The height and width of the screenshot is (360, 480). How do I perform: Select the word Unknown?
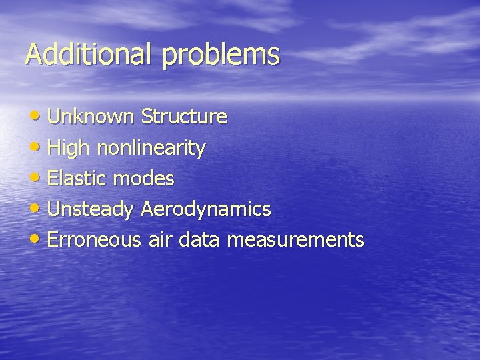(x=91, y=117)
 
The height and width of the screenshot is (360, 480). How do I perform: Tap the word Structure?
(x=184, y=117)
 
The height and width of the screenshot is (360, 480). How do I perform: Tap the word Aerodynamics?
(x=206, y=209)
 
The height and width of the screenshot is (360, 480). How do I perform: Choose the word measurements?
(x=297, y=239)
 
